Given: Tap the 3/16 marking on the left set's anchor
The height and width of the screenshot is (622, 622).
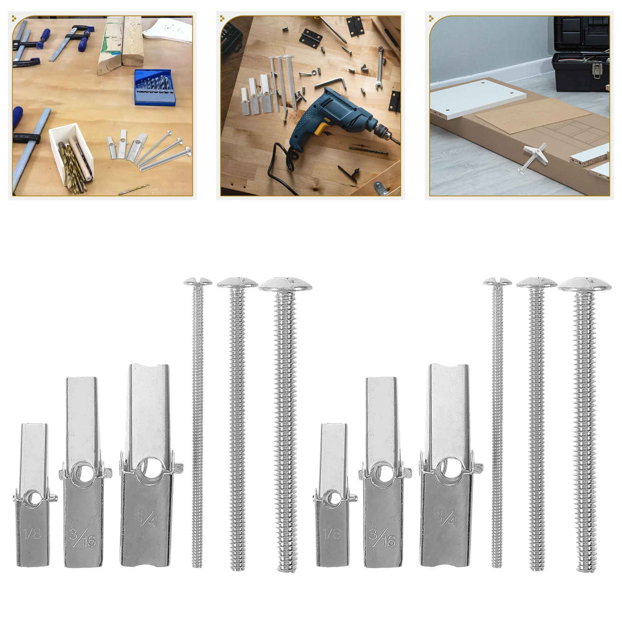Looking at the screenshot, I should click(x=83, y=537).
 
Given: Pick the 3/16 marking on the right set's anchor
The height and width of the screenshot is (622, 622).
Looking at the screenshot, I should click(x=382, y=537).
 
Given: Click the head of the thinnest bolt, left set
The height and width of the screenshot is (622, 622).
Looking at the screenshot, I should click(x=198, y=281).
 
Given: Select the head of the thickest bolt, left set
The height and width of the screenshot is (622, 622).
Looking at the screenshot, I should click(x=285, y=285).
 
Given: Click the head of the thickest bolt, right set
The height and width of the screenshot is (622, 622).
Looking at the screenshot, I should click(x=584, y=285).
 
